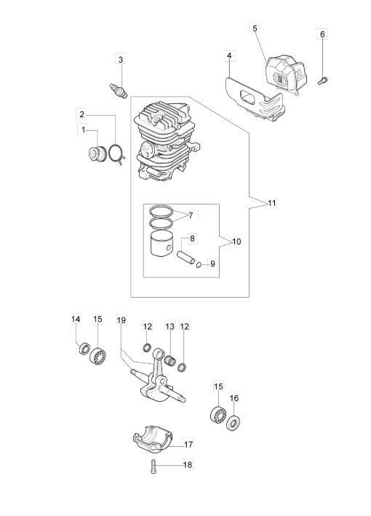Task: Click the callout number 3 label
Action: pyautogui.click(x=121, y=60)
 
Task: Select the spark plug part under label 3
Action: pyautogui.click(x=119, y=90)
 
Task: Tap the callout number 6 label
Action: pyautogui.click(x=322, y=34)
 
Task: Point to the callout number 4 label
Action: pyautogui.click(x=229, y=56)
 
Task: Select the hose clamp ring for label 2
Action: pyautogui.click(x=116, y=154)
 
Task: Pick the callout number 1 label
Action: pyautogui.click(x=83, y=130)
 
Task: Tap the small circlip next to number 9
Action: pyautogui.click(x=199, y=264)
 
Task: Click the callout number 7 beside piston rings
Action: pyautogui.click(x=191, y=216)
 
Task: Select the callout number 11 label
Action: pyautogui.click(x=271, y=203)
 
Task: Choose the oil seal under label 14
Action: pyautogui.click(x=84, y=349)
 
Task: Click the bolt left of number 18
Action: pyautogui.click(x=154, y=467)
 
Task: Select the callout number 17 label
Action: pyautogui.click(x=188, y=445)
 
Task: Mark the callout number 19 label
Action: pyautogui.click(x=121, y=320)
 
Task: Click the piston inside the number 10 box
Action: pyautogui.click(x=161, y=243)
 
